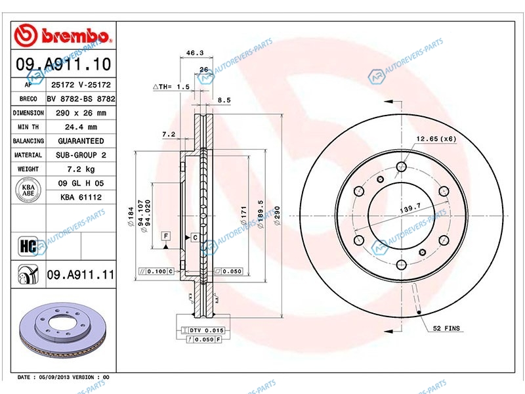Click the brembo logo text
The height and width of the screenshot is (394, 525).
tap(75, 35)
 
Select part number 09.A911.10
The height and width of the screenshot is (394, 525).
tap(63, 64)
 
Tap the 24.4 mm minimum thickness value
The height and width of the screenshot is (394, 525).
tap(81, 127)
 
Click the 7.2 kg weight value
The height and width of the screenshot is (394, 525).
tap(81, 169)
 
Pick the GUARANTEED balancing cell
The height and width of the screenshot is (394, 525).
tap(81, 141)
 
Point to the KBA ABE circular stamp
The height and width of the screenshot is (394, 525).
tap(28, 190)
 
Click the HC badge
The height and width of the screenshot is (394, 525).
tap(28, 247)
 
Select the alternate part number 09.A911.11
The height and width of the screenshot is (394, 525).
tap(81, 274)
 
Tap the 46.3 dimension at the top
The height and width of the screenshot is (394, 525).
tap(195, 53)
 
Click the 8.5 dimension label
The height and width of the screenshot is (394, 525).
tap(224, 100)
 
